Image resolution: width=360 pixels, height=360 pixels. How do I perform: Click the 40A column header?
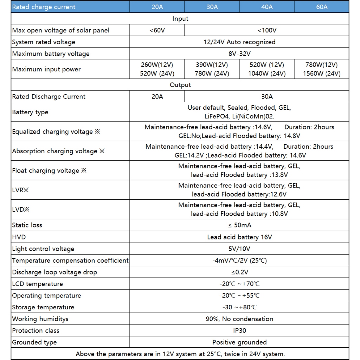(267, 7)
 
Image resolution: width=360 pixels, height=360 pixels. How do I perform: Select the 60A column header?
(322, 7)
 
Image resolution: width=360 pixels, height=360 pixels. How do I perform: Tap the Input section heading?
(180, 19)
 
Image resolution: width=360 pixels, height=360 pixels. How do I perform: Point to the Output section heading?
(180, 85)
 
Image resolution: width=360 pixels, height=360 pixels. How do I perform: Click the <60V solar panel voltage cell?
(157, 31)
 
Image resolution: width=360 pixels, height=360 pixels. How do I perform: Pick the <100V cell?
(267, 31)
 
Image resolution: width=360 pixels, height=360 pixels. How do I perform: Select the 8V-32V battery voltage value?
(239, 54)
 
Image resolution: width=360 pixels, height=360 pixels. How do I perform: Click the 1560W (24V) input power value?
(322, 74)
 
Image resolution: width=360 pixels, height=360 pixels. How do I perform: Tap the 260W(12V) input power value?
(157, 65)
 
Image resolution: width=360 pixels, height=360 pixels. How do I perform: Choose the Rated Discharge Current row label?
(49, 97)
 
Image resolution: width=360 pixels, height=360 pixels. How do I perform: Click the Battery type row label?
(30, 112)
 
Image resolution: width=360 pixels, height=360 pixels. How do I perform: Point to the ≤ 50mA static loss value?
(239, 225)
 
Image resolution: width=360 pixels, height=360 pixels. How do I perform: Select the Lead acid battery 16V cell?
(239, 237)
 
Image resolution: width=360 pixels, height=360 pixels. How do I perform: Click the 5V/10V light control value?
(239, 249)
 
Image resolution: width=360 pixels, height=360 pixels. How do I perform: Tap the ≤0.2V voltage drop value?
(239, 272)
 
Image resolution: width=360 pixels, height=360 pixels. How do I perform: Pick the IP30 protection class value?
(239, 331)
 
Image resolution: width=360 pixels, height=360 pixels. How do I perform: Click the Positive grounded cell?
(239, 342)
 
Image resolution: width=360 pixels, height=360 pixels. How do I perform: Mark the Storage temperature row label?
(43, 307)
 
